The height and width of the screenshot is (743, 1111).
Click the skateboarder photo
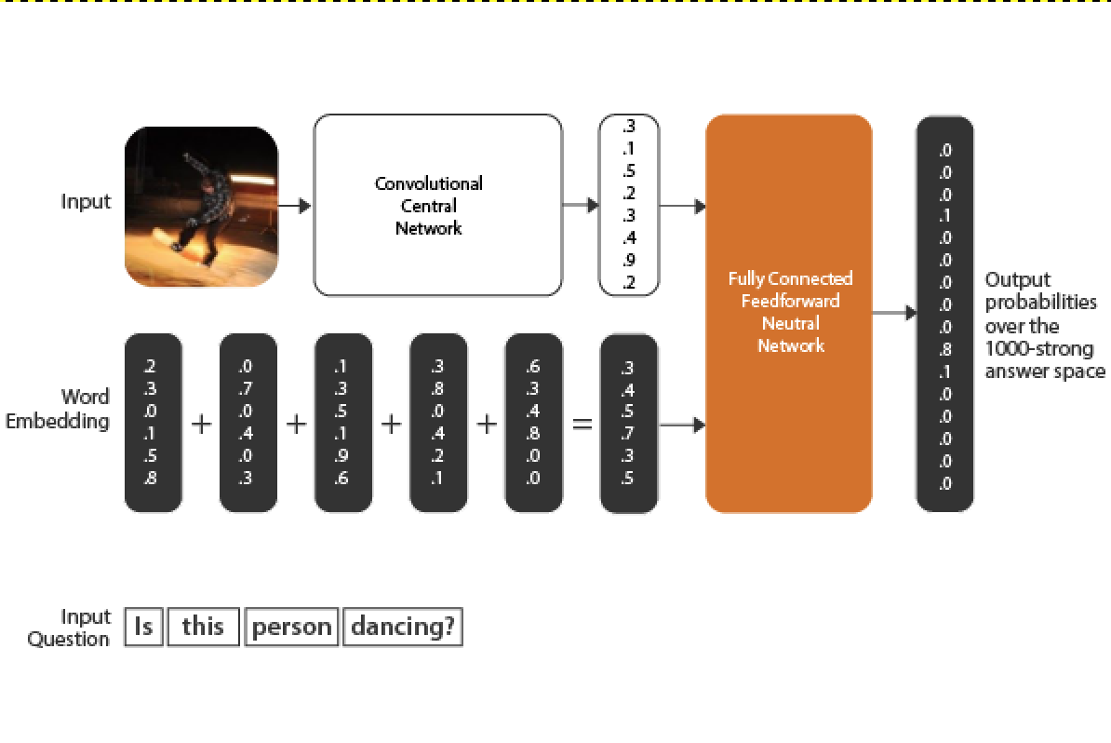201,206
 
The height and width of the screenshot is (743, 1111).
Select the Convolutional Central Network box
437,206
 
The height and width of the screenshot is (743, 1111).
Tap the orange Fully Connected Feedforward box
789,313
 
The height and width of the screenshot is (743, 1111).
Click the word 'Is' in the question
143,627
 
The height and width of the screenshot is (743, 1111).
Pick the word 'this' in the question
203,627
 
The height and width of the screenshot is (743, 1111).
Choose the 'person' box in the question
292,627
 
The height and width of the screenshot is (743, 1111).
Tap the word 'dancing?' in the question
403,627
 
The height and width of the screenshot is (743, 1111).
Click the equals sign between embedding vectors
582,425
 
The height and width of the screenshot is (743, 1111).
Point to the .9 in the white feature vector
629,261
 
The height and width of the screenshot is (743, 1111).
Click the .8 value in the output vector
945,350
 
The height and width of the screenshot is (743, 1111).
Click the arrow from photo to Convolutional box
296,206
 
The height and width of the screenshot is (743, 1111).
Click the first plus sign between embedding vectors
201,425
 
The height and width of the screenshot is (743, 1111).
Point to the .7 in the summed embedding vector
629,434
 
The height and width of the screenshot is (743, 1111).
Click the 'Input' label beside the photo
86,202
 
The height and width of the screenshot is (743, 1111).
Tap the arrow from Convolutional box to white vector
581,206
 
